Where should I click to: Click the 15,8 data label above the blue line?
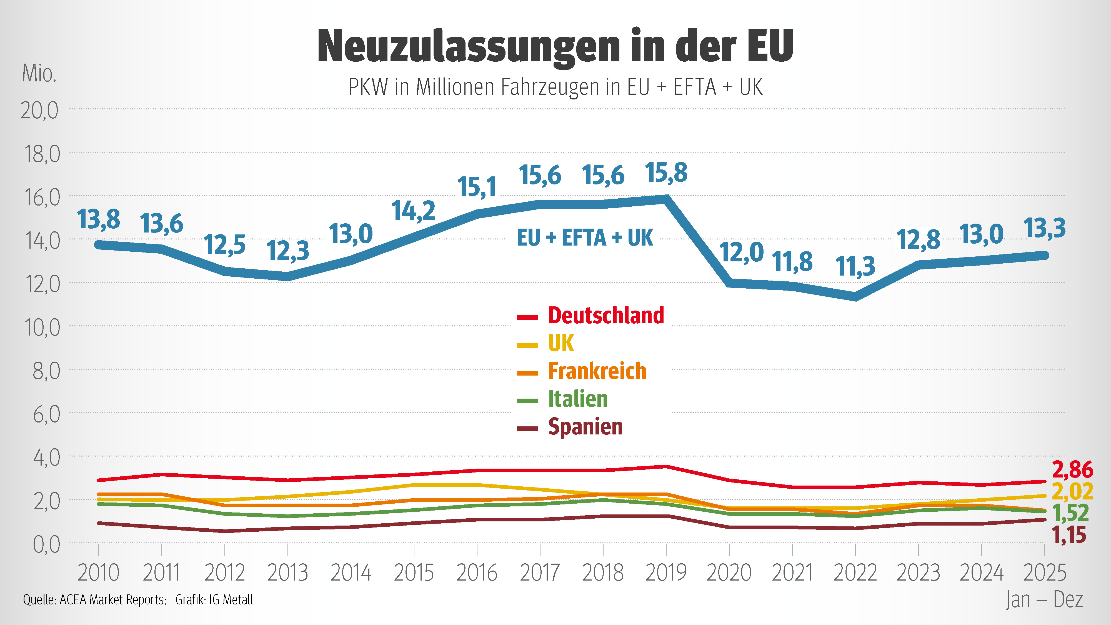tap(666, 173)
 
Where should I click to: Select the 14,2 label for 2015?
tap(413, 211)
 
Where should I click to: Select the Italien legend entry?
tap(562, 399)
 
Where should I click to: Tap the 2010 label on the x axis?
tap(98, 573)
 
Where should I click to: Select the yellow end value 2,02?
tap(1073, 492)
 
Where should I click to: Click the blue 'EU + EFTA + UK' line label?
tap(585, 238)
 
